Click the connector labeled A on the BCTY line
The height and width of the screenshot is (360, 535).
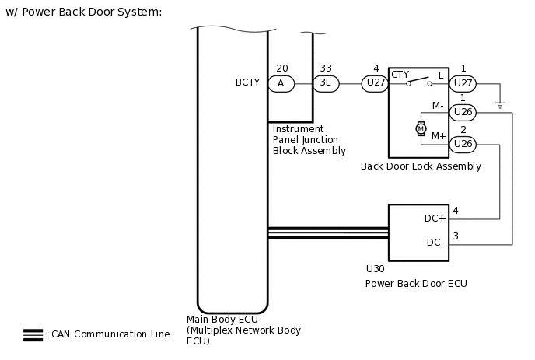point(281,83)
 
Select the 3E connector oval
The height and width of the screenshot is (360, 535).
point(326,83)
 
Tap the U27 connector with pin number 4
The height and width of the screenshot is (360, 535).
point(376,83)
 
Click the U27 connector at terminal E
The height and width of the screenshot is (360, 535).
point(463,83)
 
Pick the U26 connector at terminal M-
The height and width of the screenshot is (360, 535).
point(463,112)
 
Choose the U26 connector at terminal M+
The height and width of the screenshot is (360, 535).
point(463,143)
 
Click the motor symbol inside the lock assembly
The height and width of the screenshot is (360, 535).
point(421,128)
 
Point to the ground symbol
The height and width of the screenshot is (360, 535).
point(500,103)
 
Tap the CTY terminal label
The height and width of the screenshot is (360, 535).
point(400,75)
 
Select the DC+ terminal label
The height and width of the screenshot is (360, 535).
point(435,218)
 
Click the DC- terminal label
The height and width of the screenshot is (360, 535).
point(435,243)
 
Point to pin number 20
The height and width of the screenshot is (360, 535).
point(281,68)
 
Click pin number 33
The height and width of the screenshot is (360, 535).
point(326,68)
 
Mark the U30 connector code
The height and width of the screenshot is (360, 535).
point(375,269)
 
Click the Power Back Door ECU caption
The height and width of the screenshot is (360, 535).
point(416,284)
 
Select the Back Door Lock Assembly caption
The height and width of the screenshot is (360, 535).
point(421,166)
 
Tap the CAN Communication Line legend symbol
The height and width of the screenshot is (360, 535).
point(33,335)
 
